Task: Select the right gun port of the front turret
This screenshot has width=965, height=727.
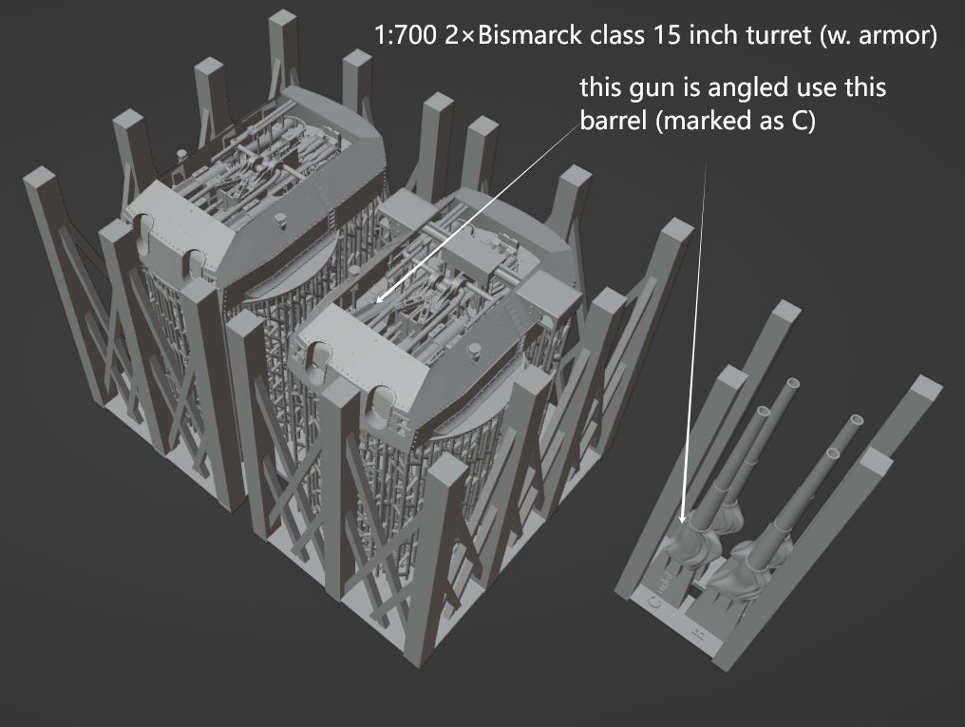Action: click(384, 399)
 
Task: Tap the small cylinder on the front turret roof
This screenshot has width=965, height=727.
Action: click(468, 354)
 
